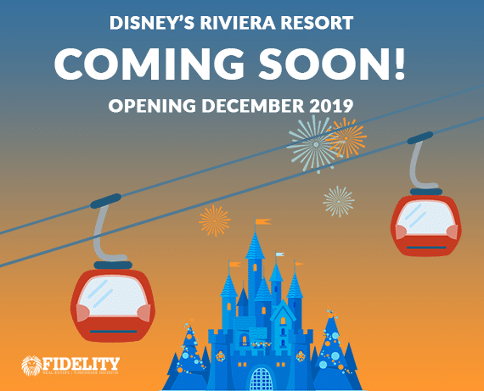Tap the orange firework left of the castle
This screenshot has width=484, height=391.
tap(214, 220)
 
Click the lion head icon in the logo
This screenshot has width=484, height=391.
tap(31, 365)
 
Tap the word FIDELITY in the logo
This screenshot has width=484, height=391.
tap(82, 361)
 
